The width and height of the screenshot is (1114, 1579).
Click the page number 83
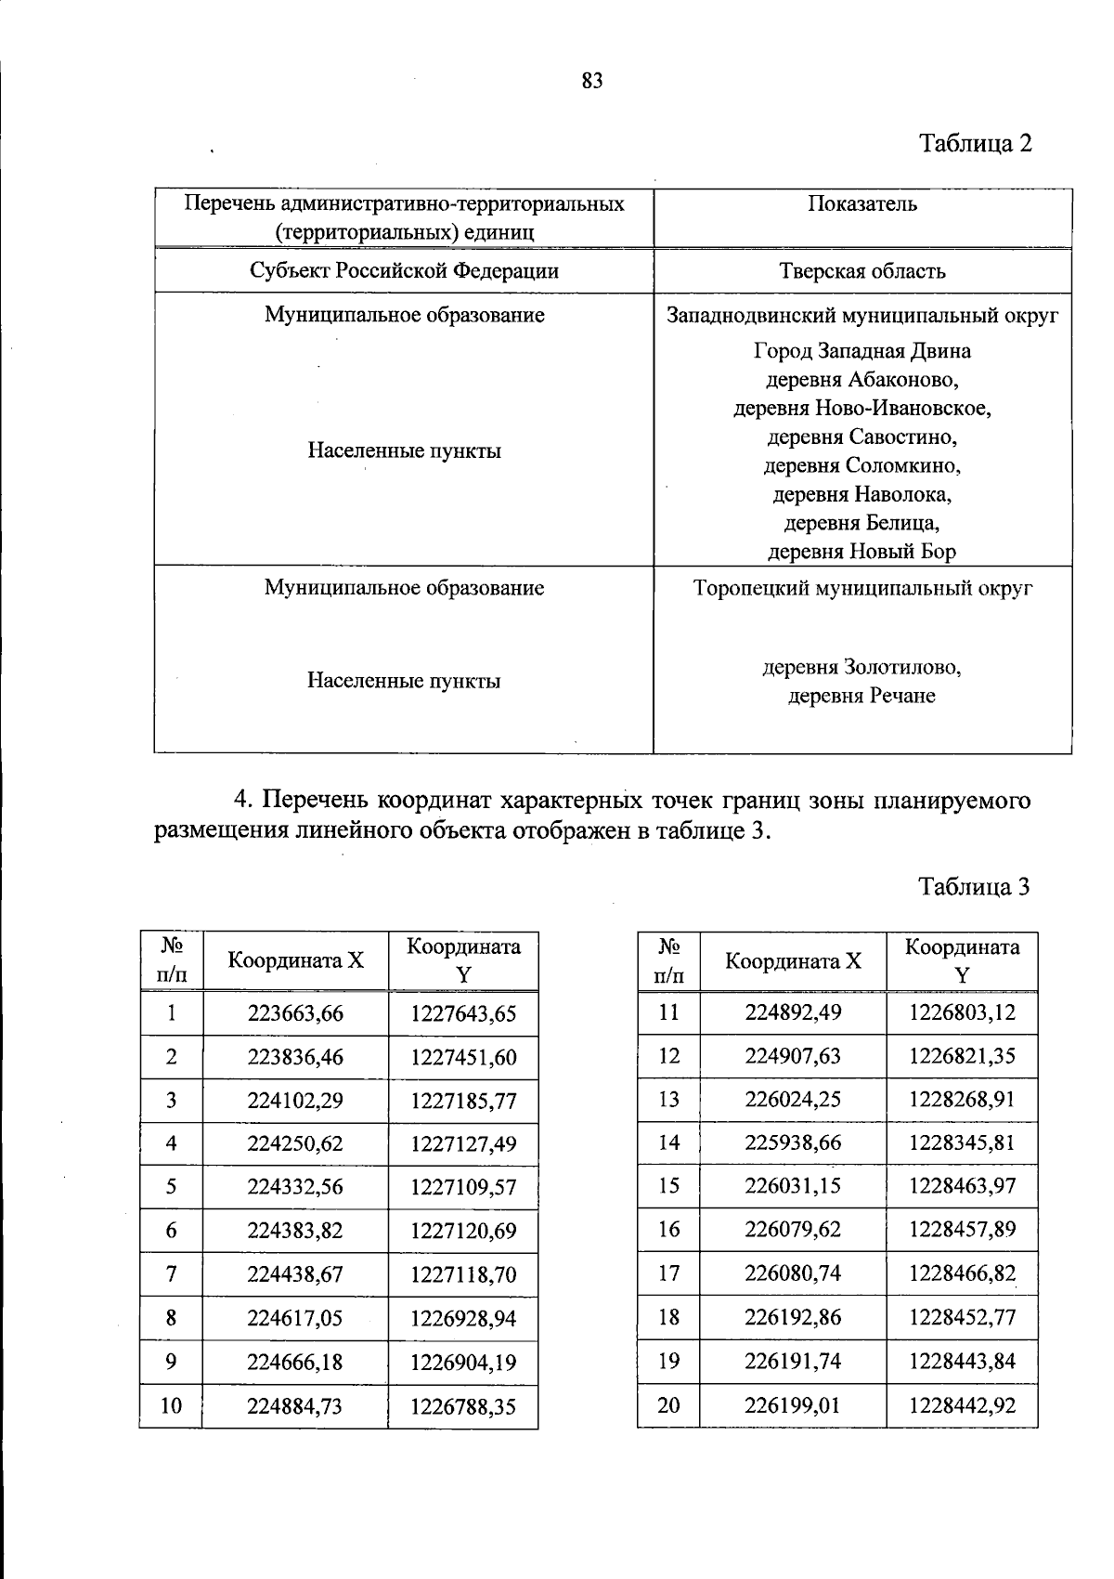pyautogui.click(x=592, y=81)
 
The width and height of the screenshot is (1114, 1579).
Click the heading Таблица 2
pyautogui.click(x=975, y=143)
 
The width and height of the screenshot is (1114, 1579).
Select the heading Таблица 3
pyautogui.click(x=974, y=886)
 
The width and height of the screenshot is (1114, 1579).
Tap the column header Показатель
pyautogui.click(x=862, y=204)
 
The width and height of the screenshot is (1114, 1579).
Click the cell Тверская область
pyautogui.click(x=862, y=271)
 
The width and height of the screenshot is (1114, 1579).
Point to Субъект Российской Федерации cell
pyautogui.click(x=405, y=270)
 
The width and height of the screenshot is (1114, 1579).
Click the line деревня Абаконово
pyautogui.click(x=862, y=380)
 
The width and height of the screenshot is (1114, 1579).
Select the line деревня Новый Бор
pyautogui.click(x=862, y=552)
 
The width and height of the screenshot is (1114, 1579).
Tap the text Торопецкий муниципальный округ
pyautogui.click(x=862, y=588)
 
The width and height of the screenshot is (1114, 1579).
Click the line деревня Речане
pyautogui.click(x=862, y=696)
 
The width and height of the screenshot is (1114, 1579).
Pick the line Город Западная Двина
pyautogui.click(x=862, y=351)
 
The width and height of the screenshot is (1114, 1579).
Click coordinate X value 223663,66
pyautogui.click(x=295, y=1013)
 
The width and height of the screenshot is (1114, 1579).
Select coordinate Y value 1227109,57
pyautogui.click(x=463, y=1188)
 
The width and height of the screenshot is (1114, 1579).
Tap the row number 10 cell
pyautogui.click(x=171, y=1406)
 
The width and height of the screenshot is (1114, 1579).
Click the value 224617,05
pyautogui.click(x=295, y=1319)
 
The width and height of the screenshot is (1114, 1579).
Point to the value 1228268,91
pyautogui.click(x=962, y=1100)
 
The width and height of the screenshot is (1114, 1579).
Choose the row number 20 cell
pyautogui.click(x=668, y=1405)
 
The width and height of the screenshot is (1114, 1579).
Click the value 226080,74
pyautogui.click(x=793, y=1273)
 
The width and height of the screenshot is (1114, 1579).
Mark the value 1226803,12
pyautogui.click(x=962, y=1012)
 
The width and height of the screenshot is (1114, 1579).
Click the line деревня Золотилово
pyautogui.click(x=862, y=668)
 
